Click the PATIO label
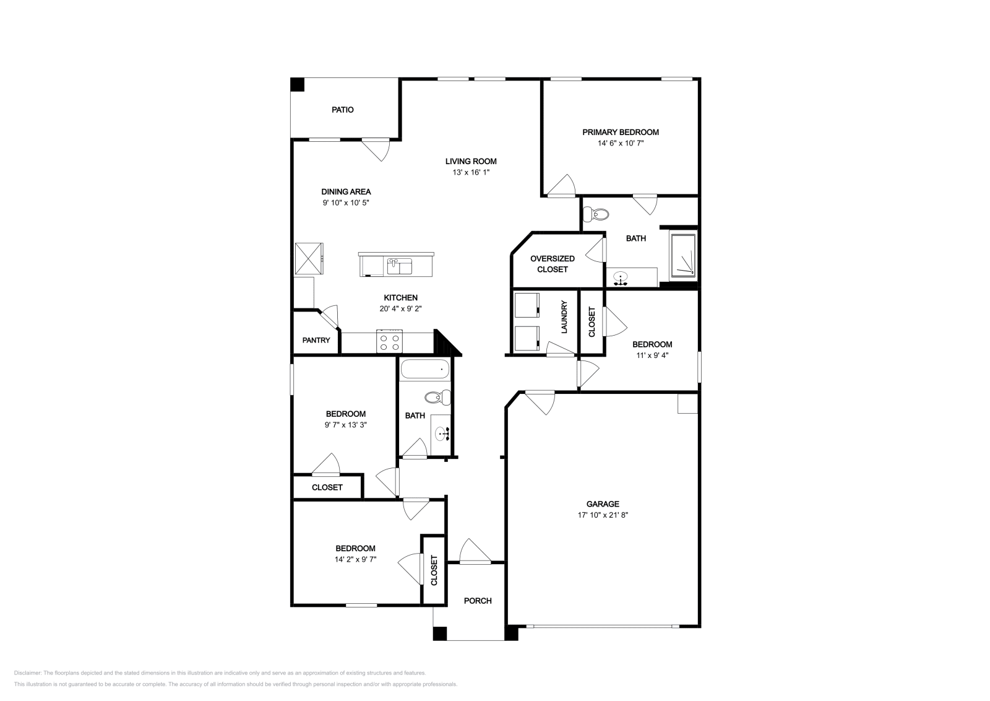[x=343, y=110]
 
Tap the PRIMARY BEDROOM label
[x=621, y=133]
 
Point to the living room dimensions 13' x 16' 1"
[x=471, y=173]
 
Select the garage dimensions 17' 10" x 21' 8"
[x=603, y=515]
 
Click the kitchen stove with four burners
[x=389, y=341]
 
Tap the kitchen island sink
[x=400, y=266]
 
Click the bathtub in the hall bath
[x=424, y=369]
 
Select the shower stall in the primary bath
[x=683, y=255]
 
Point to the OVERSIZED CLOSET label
[x=553, y=264]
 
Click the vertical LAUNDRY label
[x=564, y=317]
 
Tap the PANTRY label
[x=316, y=340]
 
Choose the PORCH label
[x=478, y=601]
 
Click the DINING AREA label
[x=346, y=191]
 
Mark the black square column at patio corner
[x=298, y=84]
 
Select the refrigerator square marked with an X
[x=309, y=258]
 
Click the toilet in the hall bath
[x=437, y=398]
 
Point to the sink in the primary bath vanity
[x=621, y=278]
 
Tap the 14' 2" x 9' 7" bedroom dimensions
[x=355, y=559]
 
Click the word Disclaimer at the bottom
[x=27, y=673]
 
